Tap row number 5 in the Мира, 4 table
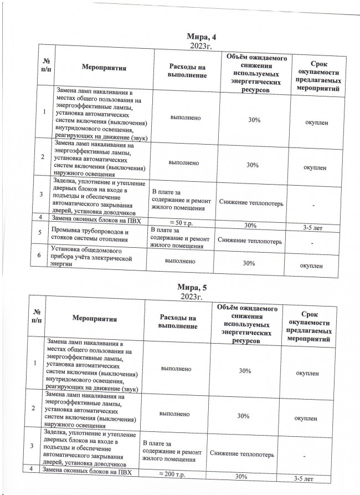point(40,233)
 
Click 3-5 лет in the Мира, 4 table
point(315,227)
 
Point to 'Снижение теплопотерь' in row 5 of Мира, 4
point(250,241)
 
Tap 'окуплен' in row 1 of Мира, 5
point(307,374)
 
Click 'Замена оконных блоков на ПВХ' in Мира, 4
point(98,219)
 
